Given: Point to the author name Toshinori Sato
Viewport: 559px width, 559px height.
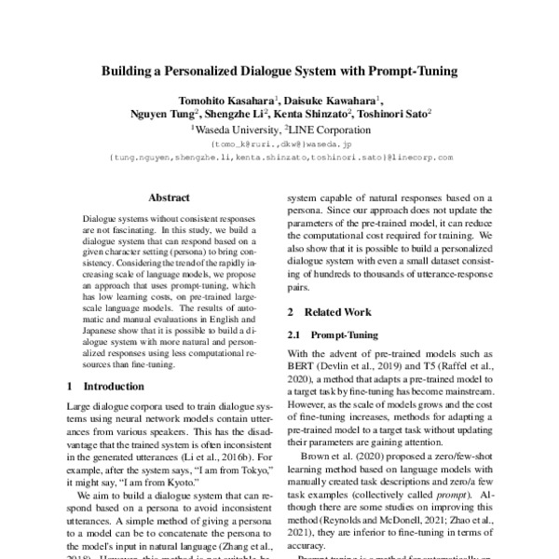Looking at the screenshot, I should [389, 116].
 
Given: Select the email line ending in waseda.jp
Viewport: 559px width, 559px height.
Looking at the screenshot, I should [279, 145].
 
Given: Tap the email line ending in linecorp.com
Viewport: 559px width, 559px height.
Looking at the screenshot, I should [280, 157].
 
